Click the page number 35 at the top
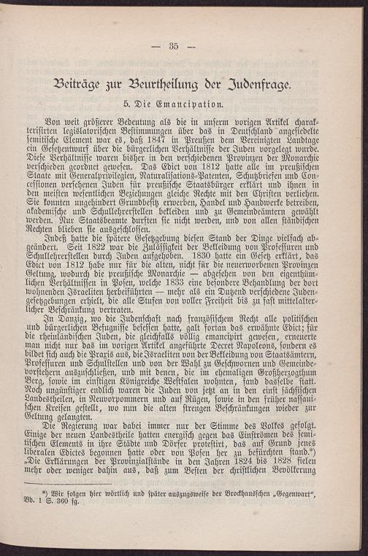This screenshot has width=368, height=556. point(174,46)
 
